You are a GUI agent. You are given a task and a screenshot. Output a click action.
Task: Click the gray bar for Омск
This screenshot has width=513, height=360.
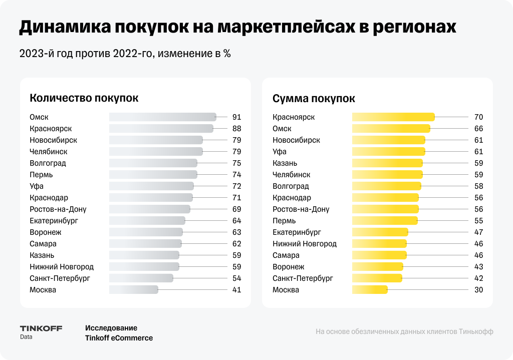[162, 117]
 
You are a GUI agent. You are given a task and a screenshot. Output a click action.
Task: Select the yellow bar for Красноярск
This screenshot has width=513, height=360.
[393, 117]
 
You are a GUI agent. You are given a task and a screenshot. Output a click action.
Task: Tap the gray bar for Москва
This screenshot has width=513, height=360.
[134, 290]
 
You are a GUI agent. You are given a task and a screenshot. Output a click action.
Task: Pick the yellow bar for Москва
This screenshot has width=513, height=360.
[370, 290]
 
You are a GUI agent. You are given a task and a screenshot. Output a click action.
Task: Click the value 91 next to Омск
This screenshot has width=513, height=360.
[236, 117]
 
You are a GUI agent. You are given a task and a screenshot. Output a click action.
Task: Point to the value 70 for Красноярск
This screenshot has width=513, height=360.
[478, 117]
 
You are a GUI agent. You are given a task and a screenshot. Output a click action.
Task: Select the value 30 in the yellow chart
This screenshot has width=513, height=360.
[478, 290]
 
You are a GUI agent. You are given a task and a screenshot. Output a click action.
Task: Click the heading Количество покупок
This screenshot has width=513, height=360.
[84, 98]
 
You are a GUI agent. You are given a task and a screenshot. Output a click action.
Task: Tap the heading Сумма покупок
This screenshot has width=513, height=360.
[314, 98]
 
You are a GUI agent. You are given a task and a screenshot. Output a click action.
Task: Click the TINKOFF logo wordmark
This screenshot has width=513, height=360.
[41, 328]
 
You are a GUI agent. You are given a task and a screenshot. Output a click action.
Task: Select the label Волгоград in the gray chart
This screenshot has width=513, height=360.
[48, 163]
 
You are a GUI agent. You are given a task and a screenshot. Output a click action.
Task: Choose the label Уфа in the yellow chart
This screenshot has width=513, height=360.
[280, 152]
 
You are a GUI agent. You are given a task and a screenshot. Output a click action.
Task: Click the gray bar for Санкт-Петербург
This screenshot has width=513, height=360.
[141, 278]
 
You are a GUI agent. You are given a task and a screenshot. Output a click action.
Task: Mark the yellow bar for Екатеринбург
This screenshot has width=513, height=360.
[380, 232]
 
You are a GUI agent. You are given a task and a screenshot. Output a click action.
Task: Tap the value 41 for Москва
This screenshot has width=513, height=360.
[236, 290]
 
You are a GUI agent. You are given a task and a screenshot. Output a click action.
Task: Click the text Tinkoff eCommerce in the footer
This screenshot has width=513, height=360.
[119, 338]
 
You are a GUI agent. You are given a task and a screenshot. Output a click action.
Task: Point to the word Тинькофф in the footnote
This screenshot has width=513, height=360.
[476, 331]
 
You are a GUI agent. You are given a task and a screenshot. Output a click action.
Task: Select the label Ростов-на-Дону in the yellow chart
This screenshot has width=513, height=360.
[301, 209]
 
